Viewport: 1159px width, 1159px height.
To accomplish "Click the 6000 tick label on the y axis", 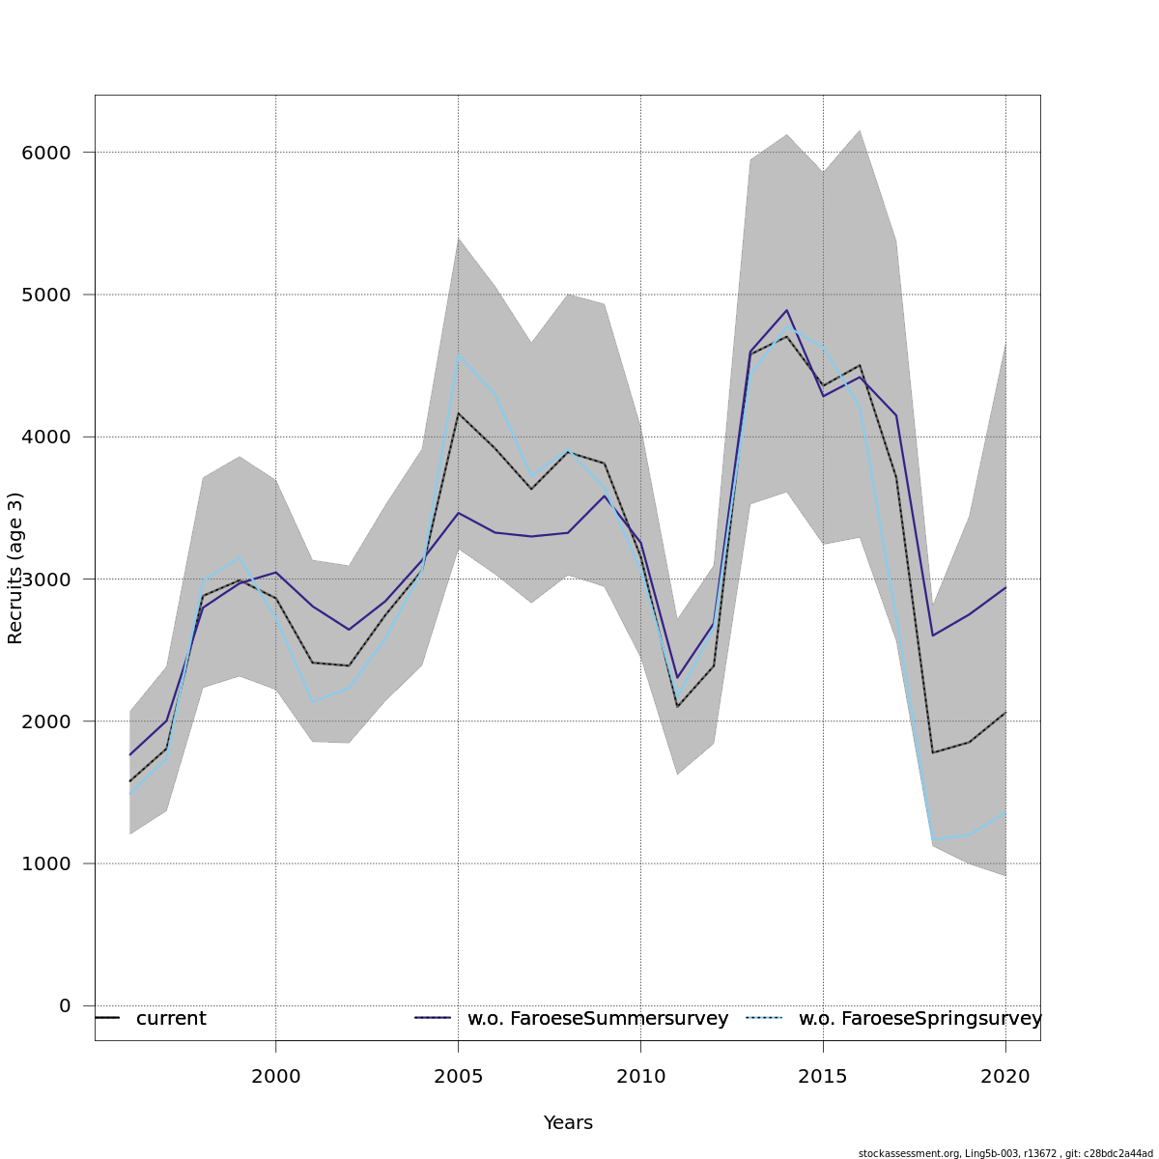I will (45, 153).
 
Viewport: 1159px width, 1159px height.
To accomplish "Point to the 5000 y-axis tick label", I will (45, 295).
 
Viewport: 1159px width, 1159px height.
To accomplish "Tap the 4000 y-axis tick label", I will (45, 437).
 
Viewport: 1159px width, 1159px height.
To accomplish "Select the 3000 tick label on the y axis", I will (45, 579).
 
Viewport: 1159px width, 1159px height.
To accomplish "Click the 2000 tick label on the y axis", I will (45, 721).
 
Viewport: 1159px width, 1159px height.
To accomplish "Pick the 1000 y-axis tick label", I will (45, 863).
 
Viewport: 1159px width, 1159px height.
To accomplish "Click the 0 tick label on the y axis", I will (65, 1005).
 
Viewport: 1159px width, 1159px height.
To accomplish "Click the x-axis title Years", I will (568, 1123).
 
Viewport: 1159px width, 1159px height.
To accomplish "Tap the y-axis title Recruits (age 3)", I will (15, 568).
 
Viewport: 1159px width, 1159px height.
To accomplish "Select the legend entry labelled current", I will (171, 1019).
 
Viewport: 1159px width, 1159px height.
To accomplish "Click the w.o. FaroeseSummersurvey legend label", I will (598, 1019).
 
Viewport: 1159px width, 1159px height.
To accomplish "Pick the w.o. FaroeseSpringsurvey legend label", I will (919, 1019).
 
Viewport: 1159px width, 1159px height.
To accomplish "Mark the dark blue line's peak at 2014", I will (787, 310).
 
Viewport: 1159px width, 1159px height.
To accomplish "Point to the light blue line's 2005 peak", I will (459, 355).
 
